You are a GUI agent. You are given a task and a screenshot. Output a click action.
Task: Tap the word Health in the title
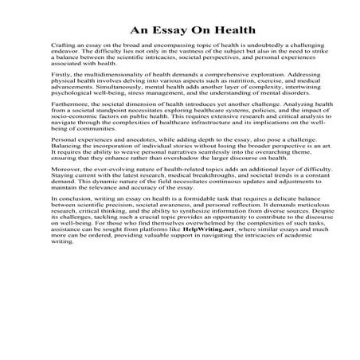pos(230,30)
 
